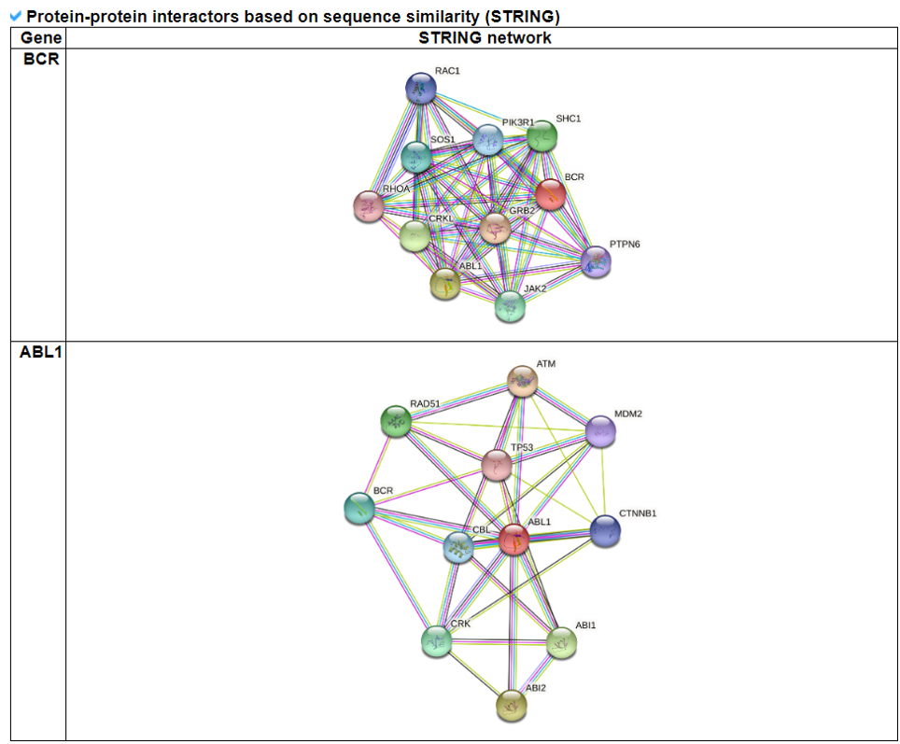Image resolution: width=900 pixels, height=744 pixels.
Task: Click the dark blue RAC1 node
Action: pos(421,89)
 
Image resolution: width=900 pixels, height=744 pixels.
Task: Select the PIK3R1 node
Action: pos(487,140)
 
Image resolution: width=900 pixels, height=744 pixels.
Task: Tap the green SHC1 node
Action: pos(541,137)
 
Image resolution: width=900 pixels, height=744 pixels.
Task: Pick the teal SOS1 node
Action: pos(416,157)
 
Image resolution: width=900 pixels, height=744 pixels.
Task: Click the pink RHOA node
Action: pos(369,206)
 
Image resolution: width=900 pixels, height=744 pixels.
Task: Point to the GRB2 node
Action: pos(495,227)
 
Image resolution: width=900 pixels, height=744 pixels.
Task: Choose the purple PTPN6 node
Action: pos(596,262)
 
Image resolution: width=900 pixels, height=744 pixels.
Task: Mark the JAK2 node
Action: pos(510,305)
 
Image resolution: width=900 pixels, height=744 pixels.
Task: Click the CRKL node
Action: pos(415,236)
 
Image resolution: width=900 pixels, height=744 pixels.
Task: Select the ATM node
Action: pos(522,381)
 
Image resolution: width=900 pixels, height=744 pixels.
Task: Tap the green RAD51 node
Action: pos(396,421)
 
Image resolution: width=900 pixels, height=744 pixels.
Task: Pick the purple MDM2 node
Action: pos(600,431)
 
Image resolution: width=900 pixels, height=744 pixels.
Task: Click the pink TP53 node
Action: pos(497,464)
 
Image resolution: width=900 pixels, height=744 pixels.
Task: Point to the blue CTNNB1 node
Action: pos(605,531)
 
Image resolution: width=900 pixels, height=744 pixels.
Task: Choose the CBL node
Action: pos(457,548)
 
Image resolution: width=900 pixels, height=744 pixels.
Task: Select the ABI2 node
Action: pos(511,705)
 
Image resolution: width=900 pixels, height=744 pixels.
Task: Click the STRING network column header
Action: pos(485,38)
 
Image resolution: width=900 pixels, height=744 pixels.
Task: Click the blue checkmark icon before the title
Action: pos(15,16)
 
